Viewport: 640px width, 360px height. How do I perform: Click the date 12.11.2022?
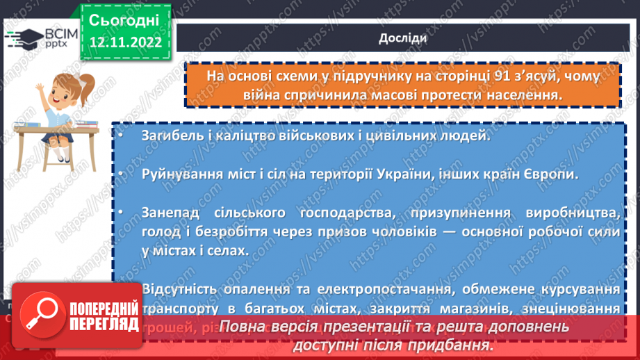click(x=124, y=42)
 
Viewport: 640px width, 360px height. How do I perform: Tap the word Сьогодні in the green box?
click(x=124, y=19)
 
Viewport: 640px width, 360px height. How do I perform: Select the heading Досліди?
click(x=403, y=39)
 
